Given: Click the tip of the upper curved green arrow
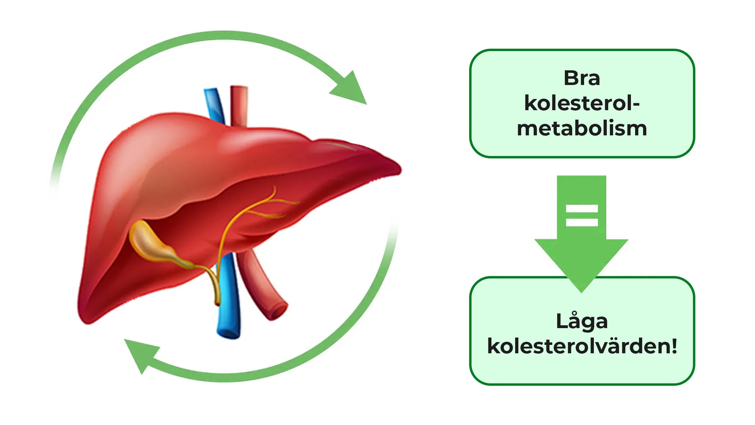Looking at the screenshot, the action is [366, 104].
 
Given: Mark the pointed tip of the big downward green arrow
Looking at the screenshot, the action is [581, 292].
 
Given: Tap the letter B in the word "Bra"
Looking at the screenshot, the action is [571, 78].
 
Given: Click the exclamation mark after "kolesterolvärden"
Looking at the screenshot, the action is [674, 346].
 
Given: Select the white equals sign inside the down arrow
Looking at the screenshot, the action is [582, 215].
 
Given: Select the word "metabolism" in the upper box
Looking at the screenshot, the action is [582, 128].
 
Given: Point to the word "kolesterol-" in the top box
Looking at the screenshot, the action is [582, 103].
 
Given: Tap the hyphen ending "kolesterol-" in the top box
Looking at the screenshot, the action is [636, 104].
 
